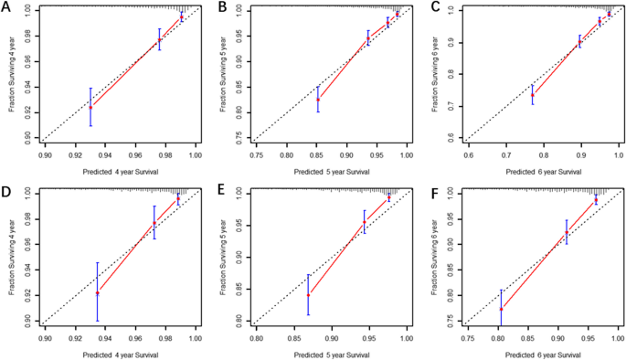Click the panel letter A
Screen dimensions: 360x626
[7, 8]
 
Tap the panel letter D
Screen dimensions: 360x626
[7, 193]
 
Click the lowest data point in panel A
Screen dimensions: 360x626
[90, 107]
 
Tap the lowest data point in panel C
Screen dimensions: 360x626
[533, 95]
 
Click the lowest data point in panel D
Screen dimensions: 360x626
[98, 292]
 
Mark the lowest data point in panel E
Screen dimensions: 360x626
[308, 295]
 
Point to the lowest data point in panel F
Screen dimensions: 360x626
[500, 309]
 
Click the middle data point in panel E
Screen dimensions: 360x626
[364, 222]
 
